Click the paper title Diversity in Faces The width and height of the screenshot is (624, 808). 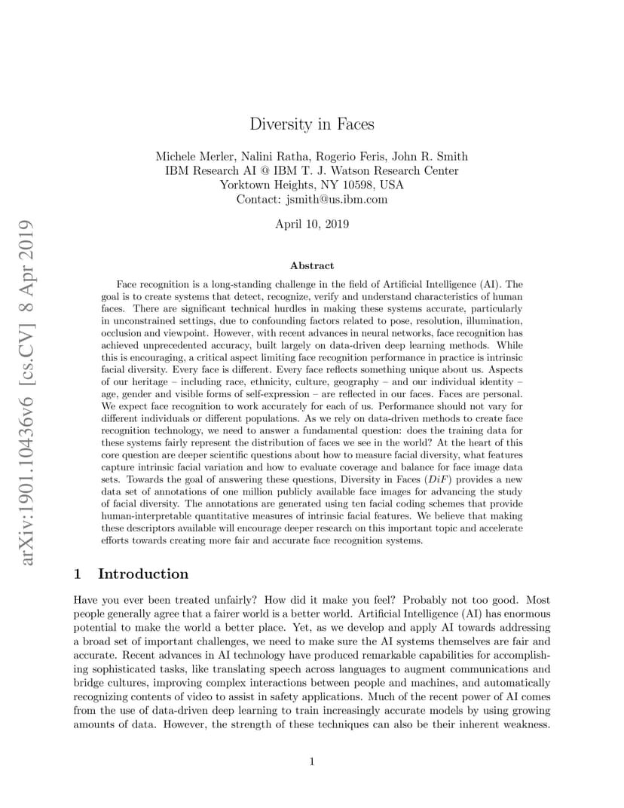pos(312,124)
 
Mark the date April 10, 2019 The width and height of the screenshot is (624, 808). pos(312,224)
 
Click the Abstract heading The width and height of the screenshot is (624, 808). pos(312,265)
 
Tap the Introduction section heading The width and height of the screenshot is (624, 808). pos(143,574)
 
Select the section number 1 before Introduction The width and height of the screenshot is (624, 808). pos(78,574)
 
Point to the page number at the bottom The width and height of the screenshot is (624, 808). pos(312,761)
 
